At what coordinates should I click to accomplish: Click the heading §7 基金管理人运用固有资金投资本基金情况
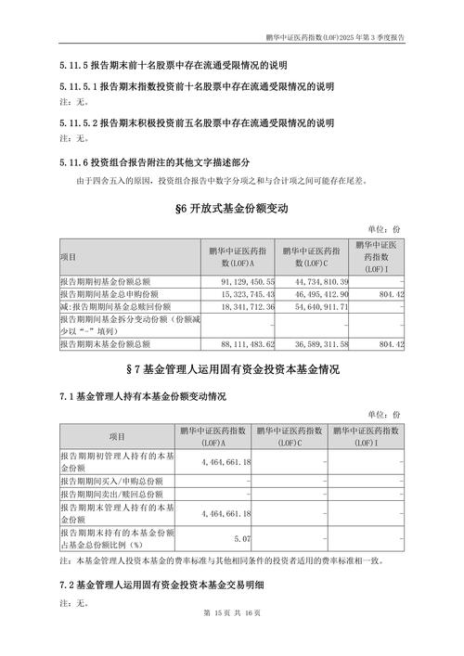point(232,370)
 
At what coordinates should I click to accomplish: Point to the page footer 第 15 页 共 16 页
point(232,637)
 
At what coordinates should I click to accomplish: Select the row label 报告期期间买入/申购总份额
point(111,481)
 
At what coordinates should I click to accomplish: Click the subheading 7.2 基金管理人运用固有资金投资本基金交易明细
point(161,585)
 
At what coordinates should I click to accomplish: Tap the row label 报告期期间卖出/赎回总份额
point(111,494)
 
